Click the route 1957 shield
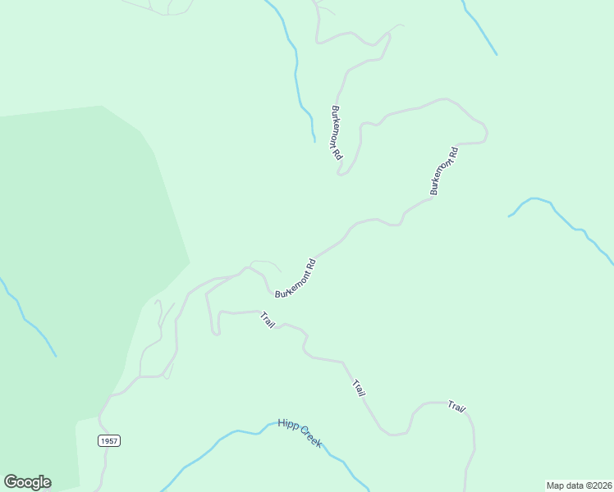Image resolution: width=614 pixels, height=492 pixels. (x=109, y=441)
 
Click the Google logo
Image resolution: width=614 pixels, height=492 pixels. (x=27, y=482)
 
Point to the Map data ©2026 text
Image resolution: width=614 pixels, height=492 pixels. (x=579, y=485)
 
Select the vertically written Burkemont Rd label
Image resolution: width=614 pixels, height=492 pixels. (x=337, y=133)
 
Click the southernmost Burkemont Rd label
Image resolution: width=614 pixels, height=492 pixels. (x=296, y=279)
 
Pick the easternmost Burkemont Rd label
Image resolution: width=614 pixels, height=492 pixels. (x=443, y=171)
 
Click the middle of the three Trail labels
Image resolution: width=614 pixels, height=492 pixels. (x=359, y=388)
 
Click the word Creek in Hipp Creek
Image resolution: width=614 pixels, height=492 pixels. (x=311, y=439)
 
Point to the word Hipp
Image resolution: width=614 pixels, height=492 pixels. (x=287, y=425)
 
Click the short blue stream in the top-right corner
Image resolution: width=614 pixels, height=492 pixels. (x=480, y=29)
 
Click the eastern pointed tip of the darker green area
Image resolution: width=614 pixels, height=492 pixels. (x=188, y=262)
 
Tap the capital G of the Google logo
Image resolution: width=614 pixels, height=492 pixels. (x=11, y=482)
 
